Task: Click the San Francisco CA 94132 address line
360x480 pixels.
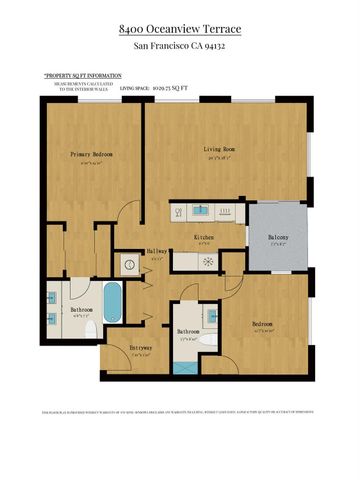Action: pyautogui.click(x=180, y=47)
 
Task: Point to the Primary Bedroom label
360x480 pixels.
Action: pyautogui.click(x=91, y=155)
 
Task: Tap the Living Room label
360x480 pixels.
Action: pyautogui.click(x=218, y=150)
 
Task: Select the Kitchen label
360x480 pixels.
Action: pyautogui.click(x=207, y=238)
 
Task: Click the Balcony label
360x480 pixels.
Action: pyautogui.click(x=279, y=238)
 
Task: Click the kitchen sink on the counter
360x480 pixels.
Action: pyautogui.click(x=200, y=210)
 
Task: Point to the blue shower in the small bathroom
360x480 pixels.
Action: pyautogui.click(x=182, y=366)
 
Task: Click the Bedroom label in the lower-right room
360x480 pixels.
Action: pyautogui.click(x=262, y=325)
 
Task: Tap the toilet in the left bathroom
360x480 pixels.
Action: pyautogui.click(x=91, y=327)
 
